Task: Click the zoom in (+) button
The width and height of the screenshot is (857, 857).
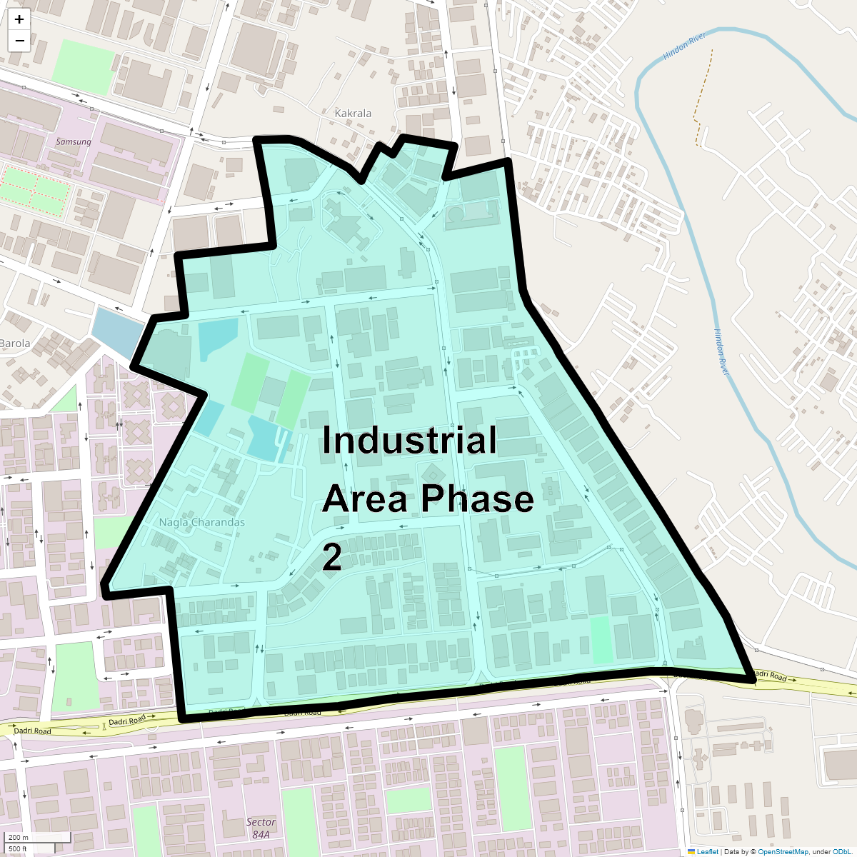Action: (19, 19)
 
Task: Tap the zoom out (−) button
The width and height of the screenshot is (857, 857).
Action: (19, 41)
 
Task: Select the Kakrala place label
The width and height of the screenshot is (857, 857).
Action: (353, 113)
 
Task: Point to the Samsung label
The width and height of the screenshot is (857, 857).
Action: (74, 141)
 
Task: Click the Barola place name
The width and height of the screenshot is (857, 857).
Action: (15, 343)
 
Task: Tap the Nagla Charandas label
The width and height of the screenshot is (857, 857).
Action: (201, 522)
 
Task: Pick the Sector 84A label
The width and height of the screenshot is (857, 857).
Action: (261, 828)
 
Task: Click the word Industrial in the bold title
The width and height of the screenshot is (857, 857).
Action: (409, 440)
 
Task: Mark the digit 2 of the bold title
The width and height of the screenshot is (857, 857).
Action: (332, 557)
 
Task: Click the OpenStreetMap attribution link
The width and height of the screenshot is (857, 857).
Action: (783, 851)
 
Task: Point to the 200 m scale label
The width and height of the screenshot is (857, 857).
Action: (19, 837)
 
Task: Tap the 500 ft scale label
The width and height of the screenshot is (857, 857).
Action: (19, 848)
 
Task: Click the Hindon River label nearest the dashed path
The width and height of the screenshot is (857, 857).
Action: (684, 46)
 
